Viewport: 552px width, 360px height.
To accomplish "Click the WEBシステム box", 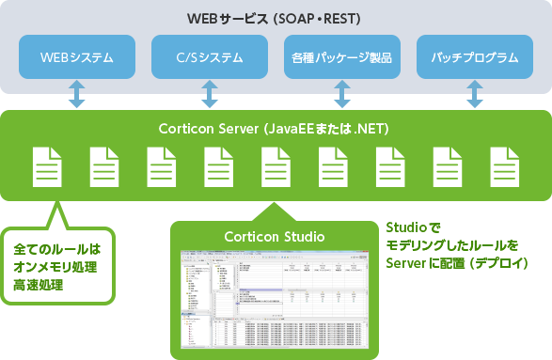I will pyautogui.click(x=77, y=58).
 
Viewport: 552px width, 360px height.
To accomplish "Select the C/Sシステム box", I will pyautogui.click(x=210, y=58).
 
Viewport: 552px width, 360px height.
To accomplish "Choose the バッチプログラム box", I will pyautogui.click(x=475, y=58).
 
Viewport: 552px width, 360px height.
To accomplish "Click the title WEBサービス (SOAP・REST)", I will pyautogui.click(x=276, y=19).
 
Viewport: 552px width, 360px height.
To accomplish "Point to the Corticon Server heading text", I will pyautogui.click(x=276, y=127).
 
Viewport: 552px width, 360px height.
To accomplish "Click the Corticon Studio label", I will pyautogui.click(x=276, y=235).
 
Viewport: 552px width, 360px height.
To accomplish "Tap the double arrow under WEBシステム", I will pyautogui.click(x=77, y=94).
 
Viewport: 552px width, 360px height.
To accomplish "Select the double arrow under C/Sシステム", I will pyautogui.click(x=210, y=94).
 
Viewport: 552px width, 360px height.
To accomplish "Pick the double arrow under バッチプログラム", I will pyautogui.click(x=475, y=94).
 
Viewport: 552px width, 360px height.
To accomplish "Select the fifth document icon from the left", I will pyautogui.click(x=276, y=166).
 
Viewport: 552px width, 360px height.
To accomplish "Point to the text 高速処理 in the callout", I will pyautogui.click(x=39, y=283).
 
